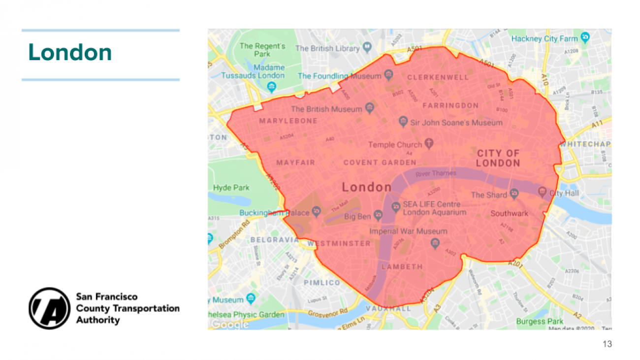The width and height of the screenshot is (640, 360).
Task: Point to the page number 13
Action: coord(607,344)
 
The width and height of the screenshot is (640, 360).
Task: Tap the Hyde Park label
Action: coord(231,188)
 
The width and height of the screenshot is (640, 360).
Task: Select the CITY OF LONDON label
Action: coord(498,158)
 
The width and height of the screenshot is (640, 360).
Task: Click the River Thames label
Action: coord(436,173)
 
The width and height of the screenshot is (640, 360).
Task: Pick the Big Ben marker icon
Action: coord(378,215)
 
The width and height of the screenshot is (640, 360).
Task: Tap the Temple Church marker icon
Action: coord(429,144)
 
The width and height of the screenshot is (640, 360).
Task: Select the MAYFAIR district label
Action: coord(295,163)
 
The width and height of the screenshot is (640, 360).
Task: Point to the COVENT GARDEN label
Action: coord(380,163)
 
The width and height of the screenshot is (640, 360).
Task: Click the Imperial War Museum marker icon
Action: coord(435,242)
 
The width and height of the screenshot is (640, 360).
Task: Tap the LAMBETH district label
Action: coord(402,266)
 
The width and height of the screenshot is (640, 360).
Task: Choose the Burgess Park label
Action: coord(540,322)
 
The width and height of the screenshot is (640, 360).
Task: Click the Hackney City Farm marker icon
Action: coord(585,37)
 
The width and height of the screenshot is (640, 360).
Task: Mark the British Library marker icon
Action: coord(367,48)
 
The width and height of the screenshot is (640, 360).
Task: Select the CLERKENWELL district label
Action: coord(438,77)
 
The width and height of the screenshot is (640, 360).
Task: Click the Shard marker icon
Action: coord(514,194)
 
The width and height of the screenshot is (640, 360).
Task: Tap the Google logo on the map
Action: coord(230,324)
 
